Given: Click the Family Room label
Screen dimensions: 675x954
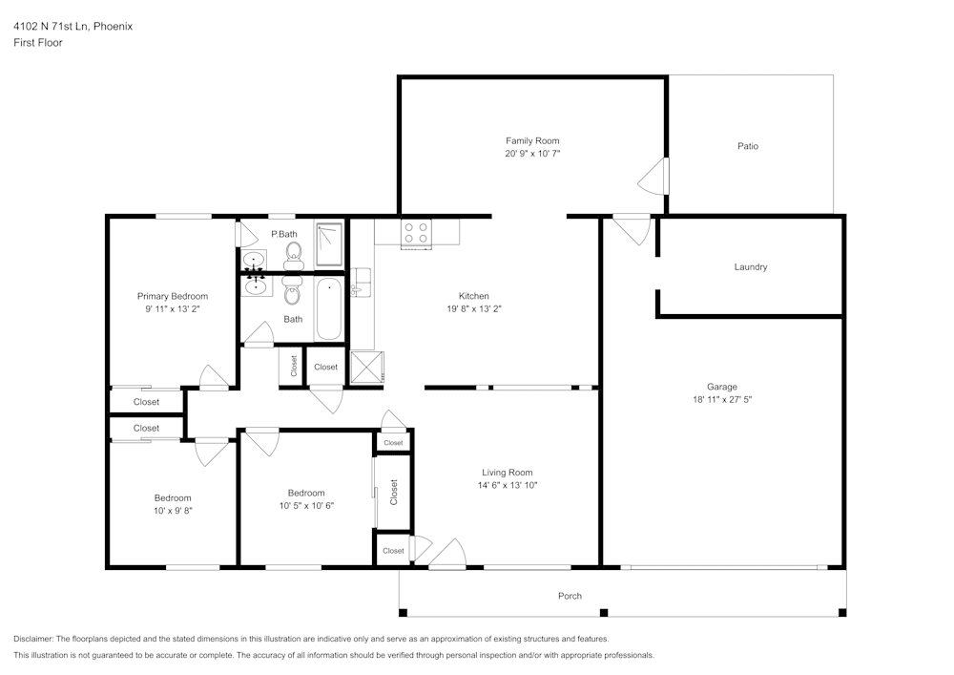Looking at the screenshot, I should pyautogui.click(x=532, y=140).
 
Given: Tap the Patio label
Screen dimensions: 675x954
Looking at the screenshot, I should pyautogui.click(x=748, y=146).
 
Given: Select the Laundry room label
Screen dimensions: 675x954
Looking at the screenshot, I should pyautogui.click(x=751, y=267).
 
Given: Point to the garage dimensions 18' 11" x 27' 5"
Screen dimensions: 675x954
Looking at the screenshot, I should pyautogui.click(x=721, y=399).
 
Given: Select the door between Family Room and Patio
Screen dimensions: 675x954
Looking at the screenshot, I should pyautogui.click(x=654, y=176).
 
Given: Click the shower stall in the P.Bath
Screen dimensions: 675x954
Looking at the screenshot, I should pyautogui.click(x=329, y=243).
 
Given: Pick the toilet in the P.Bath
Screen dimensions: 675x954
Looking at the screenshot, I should pyautogui.click(x=294, y=253).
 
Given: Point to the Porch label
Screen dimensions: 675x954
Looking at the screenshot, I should pyautogui.click(x=570, y=596).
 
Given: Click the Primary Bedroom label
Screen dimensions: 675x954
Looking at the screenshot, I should pyautogui.click(x=173, y=296).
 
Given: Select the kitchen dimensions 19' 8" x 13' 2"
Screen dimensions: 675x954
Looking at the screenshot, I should pyautogui.click(x=474, y=308).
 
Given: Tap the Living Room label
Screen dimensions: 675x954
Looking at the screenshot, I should pyautogui.click(x=507, y=473).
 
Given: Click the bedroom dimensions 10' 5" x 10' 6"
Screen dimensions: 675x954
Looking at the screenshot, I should pyautogui.click(x=306, y=506).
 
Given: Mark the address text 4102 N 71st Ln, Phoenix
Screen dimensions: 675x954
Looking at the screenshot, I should pyautogui.click(x=73, y=27).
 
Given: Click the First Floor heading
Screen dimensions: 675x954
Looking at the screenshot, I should pyautogui.click(x=38, y=43).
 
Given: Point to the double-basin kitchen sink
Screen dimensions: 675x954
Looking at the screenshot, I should pyautogui.click(x=361, y=282).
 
